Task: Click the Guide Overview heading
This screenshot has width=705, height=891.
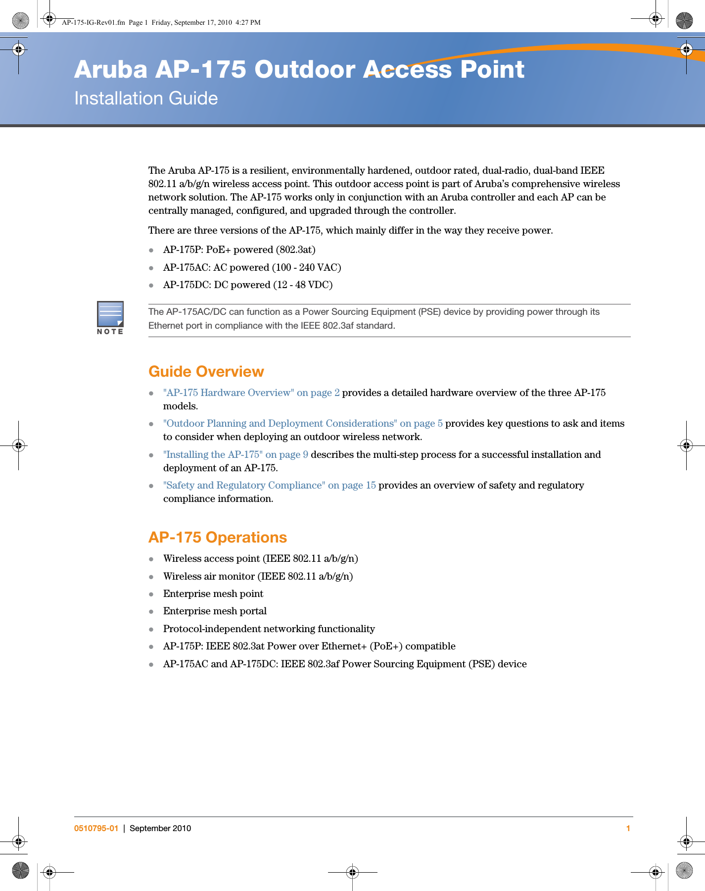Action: (x=206, y=372)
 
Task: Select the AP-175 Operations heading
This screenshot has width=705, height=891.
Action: (x=217, y=538)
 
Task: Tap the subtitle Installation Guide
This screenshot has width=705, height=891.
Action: (x=146, y=99)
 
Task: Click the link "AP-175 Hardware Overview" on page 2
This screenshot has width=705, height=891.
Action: (x=251, y=393)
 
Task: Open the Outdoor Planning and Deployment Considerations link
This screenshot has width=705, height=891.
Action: (x=303, y=423)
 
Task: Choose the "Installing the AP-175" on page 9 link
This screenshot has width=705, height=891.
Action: (x=235, y=454)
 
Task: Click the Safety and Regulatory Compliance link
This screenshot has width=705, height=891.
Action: (x=269, y=485)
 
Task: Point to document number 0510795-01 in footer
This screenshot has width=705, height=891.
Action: (x=96, y=828)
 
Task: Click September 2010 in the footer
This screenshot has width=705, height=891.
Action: (x=160, y=828)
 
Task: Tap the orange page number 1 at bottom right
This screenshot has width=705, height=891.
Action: (x=628, y=828)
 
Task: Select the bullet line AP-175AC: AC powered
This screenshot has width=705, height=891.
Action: (x=252, y=267)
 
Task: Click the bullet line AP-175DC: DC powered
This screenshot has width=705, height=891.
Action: (x=247, y=285)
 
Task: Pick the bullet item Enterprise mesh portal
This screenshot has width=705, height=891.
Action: (x=215, y=611)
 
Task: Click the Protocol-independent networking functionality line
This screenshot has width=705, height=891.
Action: (x=269, y=629)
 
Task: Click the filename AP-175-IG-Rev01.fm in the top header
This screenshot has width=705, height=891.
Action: (x=93, y=22)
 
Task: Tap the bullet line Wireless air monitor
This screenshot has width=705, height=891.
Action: (x=258, y=576)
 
